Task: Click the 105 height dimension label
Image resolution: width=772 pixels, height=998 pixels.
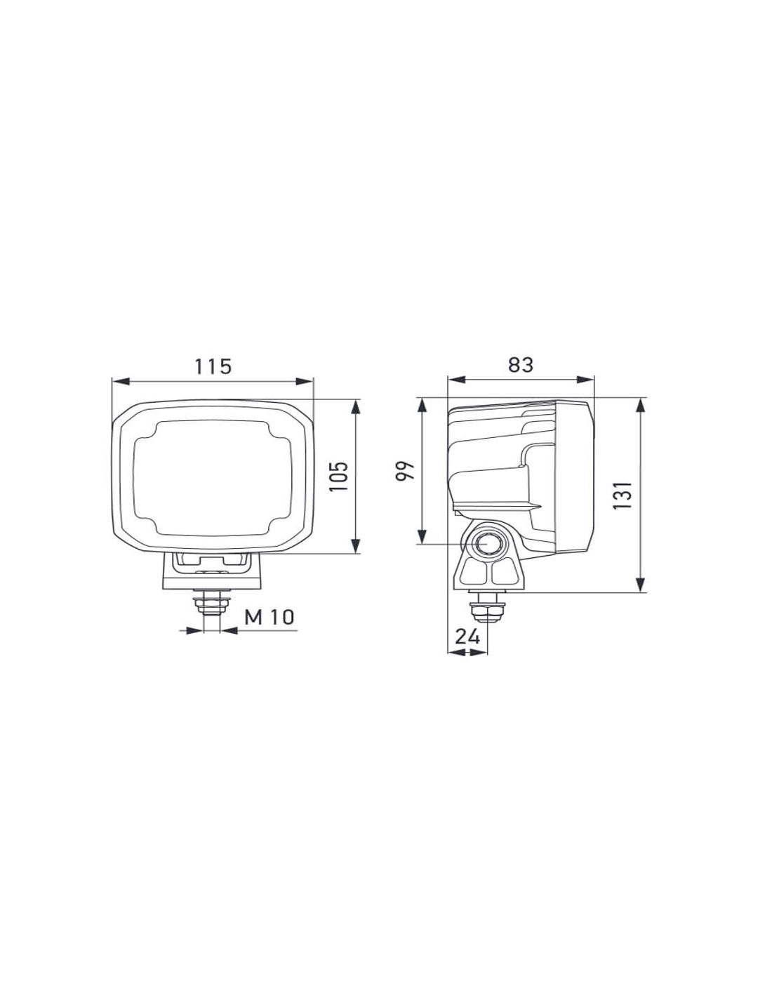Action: click(x=340, y=476)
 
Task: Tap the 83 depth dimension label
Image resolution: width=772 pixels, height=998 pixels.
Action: click(x=521, y=365)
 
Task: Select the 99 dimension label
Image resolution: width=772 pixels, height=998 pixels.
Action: click(x=406, y=470)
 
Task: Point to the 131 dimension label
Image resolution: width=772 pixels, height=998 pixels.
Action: click(x=623, y=495)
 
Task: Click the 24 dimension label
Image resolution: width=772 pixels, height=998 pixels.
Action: click(x=467, y=637)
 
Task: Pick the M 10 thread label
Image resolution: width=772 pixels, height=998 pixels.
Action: click(x=269, y=618)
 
